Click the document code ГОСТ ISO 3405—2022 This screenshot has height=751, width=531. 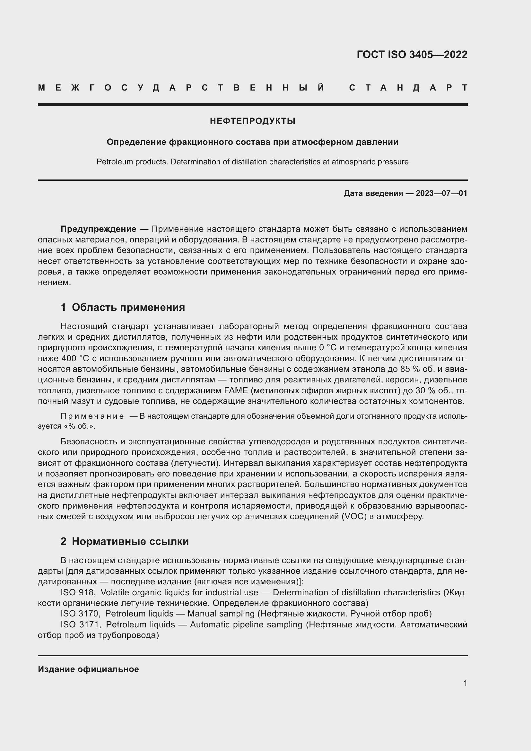[x=412, y=55]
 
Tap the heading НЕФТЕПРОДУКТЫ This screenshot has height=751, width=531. [x=252, y=121]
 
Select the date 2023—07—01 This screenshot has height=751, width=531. [x=441, y=193]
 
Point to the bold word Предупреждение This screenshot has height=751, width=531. [x=99, y=229]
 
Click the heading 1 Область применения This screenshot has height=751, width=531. [x=123, y=308]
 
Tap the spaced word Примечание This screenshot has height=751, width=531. [x=92, y=416]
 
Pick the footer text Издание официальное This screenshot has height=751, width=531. [x=88, y=669]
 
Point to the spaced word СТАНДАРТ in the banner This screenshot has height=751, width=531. [x=408, y=88]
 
